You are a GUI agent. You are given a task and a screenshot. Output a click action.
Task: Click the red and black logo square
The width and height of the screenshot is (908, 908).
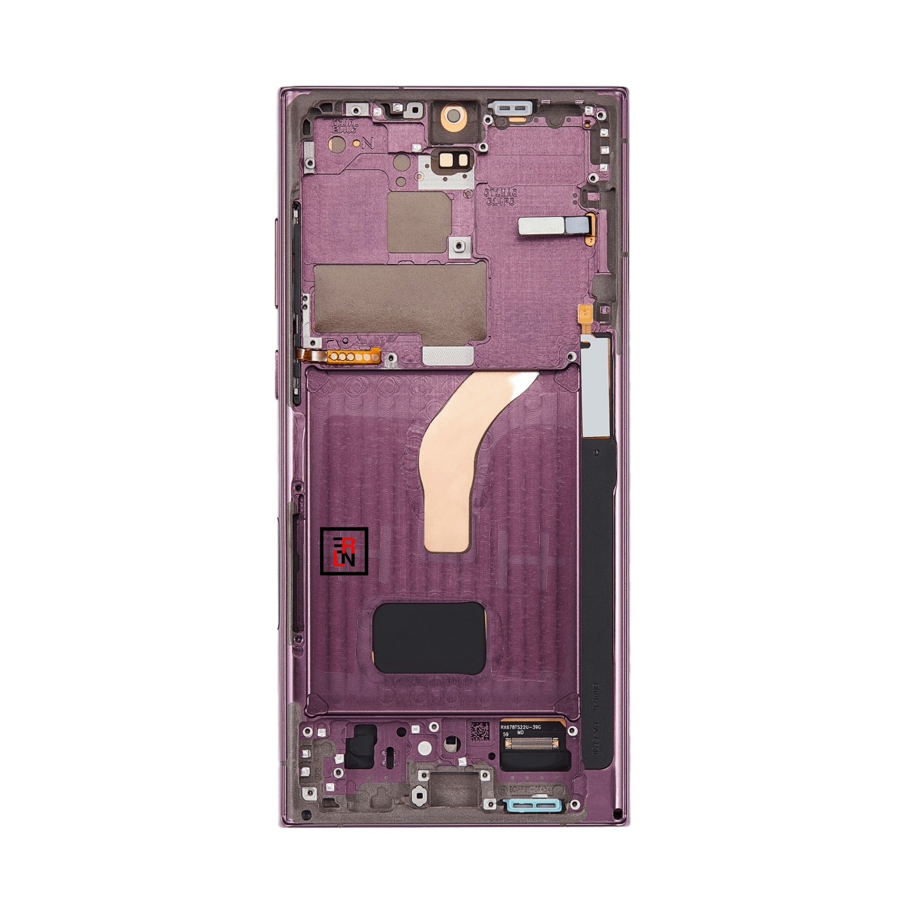[344, 550]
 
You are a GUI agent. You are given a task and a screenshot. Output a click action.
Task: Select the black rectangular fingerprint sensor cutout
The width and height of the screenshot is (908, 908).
[427, 637]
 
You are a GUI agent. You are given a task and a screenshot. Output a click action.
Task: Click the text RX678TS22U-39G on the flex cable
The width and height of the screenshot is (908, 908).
[528, 726]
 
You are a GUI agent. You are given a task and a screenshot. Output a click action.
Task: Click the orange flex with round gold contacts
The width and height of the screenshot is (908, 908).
[344, 357]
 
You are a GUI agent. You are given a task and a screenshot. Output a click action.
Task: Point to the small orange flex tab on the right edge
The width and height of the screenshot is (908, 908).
[583, 310]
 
